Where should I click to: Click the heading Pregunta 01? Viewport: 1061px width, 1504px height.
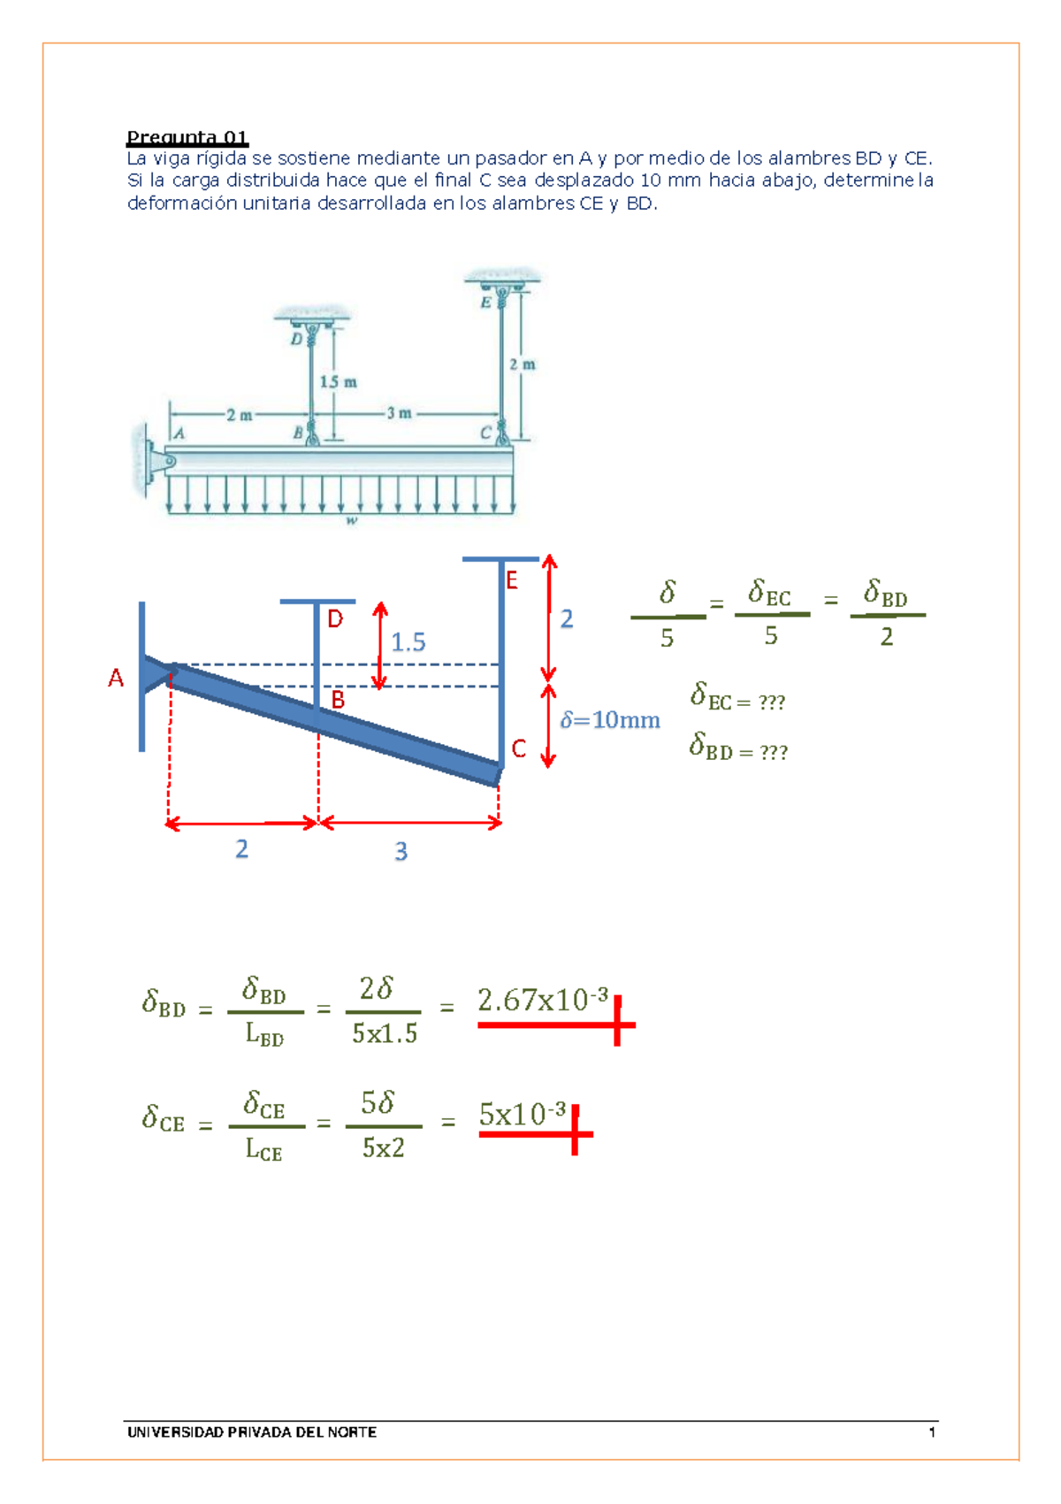[x=187, y=138]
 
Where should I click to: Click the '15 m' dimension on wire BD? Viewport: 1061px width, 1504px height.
[x=339, y=382]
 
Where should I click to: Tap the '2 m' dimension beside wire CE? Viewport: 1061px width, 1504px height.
[x=523, y=364]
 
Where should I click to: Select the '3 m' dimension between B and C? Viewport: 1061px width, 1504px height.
[x=399, y=414]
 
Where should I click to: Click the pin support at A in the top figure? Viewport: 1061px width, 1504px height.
[x=162, y=461]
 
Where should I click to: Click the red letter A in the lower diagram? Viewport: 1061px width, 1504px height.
[x=116, y=679]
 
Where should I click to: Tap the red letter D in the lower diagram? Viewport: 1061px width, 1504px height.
[x=335, y=619]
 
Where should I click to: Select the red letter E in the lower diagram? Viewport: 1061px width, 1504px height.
[x=512, y=580]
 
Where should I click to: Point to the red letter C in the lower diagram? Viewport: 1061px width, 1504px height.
[x=519, y=748]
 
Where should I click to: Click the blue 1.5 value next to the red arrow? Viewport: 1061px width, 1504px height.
[x=408, y=642]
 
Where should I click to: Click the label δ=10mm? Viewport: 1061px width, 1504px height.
[x=610, y=720]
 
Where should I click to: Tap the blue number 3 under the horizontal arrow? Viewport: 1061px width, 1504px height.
[x=401, y=852]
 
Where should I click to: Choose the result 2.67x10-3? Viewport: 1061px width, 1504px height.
[x=543, y=1000]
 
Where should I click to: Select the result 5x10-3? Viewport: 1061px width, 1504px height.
[x=523, y=1115]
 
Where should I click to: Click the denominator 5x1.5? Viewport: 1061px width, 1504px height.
[x=385, y=1033]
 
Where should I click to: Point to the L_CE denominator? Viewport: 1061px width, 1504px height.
[x=263, y=1149]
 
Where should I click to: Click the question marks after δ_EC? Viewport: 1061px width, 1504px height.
[x=772, y=703]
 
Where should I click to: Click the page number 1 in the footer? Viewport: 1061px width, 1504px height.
[x=932, y=1432]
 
